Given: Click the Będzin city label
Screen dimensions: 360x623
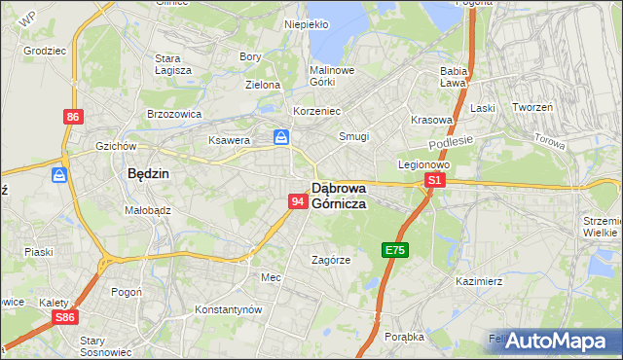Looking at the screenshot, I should tap(149, 173).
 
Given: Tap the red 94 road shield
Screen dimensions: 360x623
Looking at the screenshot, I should tap(298, 201).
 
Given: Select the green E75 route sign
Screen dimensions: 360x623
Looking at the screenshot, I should tap(394, 250).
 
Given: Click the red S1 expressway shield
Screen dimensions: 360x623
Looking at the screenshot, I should tap(435, 181).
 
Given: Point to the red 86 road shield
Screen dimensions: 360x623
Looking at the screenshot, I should tap(73, 117).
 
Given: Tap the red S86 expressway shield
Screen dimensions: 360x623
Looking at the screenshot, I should tap(65, 317).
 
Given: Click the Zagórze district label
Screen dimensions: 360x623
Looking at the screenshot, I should tap(331, 260).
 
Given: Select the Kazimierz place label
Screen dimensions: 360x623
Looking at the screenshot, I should tap(478, 280).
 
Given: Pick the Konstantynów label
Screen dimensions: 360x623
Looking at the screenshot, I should tap(229, 309).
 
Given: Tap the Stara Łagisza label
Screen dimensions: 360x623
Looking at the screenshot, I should tap(174, 64).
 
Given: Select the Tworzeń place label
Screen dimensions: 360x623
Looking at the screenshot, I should tap(532, 108).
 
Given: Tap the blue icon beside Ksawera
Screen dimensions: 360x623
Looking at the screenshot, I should tap(281, 138).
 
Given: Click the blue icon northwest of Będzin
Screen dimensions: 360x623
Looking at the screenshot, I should tap(59, 175).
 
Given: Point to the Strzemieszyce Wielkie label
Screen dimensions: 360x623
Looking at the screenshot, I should tap(602, 227).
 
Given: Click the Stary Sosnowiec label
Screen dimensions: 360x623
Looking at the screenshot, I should tap(92, 345).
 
